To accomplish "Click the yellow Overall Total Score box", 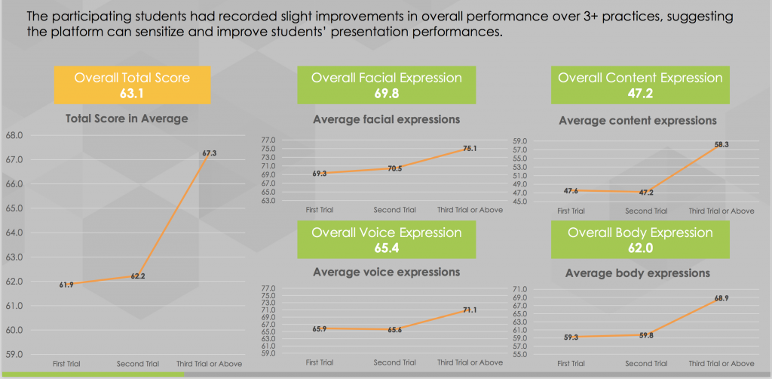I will click(x=132, y=85).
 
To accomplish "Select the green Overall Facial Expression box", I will click(x=387, y=85).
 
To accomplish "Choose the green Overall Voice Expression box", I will click(x=387, y=240).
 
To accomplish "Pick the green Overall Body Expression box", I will click(x=640, y=240).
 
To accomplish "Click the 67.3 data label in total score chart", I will click(x=210, y=153).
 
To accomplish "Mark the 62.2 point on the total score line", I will click(x=137, y=276).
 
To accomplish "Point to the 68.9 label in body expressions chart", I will click(x=721, y=299).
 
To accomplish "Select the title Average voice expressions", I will click(x=387, y=272).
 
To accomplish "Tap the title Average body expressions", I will click(x=638, y=273).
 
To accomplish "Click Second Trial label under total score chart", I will click(x=137, y=364).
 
